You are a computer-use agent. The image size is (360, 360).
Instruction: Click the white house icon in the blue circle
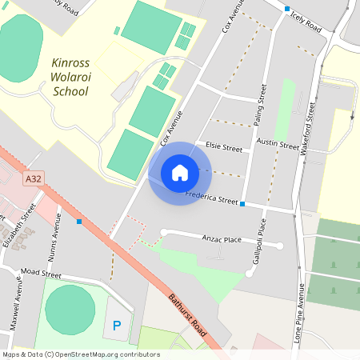coord(179,173)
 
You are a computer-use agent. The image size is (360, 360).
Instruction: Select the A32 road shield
coord(33,178)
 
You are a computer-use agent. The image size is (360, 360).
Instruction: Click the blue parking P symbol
coord(117,326)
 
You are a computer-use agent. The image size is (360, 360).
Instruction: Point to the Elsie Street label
coord(223,147)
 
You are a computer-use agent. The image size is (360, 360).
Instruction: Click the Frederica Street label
coord(211,196)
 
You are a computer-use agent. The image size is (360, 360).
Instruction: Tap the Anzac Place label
coord(222,239)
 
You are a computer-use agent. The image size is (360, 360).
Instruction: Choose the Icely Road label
coord(306,22)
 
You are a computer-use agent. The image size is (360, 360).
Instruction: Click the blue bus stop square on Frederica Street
coord(242,204)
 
